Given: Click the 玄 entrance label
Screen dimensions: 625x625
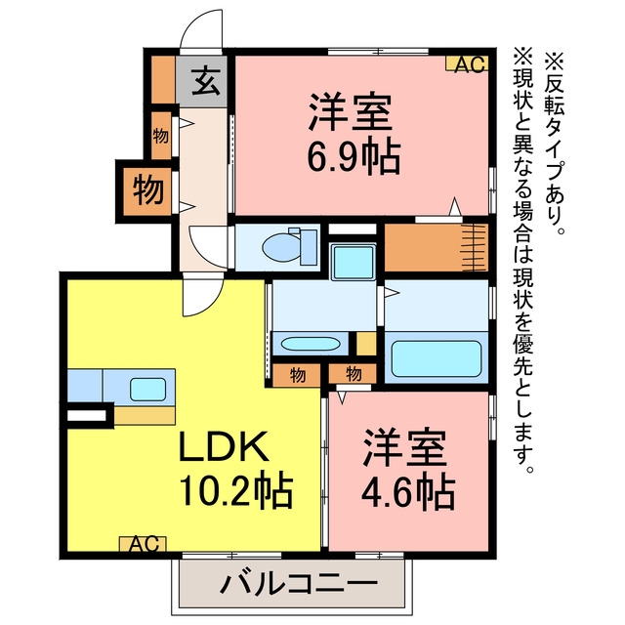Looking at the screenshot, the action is click(206, 81).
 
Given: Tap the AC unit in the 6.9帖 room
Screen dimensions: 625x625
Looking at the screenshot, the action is click(467, 64).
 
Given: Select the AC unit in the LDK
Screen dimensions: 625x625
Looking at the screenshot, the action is click(144, 543).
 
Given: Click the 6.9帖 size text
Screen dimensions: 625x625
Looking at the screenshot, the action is click(354, 155).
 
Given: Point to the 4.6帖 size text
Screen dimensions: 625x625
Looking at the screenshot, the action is click(408, 490).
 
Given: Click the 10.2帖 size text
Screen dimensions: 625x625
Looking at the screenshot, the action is click(236, 490).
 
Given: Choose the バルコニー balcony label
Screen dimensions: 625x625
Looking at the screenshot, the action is click(299, 584).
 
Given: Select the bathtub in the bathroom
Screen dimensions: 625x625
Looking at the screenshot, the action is click(437, 358).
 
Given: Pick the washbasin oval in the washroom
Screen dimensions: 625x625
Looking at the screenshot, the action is click(311, 344).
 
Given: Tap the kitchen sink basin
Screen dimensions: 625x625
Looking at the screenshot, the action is click(147, 390).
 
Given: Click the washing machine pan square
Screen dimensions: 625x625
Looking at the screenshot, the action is click(354, 262).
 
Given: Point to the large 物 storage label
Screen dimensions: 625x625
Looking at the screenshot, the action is click(148, 191).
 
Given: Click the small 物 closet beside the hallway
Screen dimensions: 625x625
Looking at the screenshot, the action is click(160, 137).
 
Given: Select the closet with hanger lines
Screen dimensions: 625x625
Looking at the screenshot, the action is click(437, 247).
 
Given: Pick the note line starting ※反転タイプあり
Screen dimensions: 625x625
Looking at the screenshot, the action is click(555, 144).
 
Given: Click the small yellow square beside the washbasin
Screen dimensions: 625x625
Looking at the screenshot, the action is click(366, 343).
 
